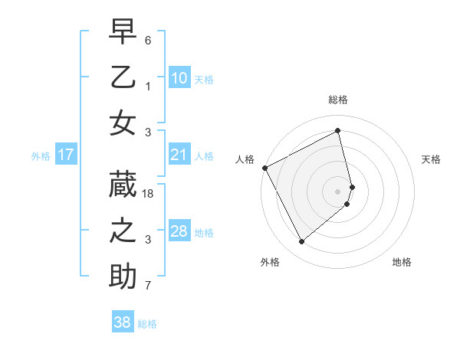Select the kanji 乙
pos(123,77)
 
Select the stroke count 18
pos(149,195)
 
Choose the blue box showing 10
pos(179,78)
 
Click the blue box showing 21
pos(179,155)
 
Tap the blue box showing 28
pos(179,231)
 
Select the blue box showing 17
pos(65,155)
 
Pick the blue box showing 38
pos(122,322)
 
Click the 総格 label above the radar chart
pos(337,100)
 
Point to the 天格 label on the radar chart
pos(431,159)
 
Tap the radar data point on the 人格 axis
pos(264,168)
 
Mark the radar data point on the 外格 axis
pos(301,242)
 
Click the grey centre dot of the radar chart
pos(338,191)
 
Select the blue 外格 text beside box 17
pos(41,156)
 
